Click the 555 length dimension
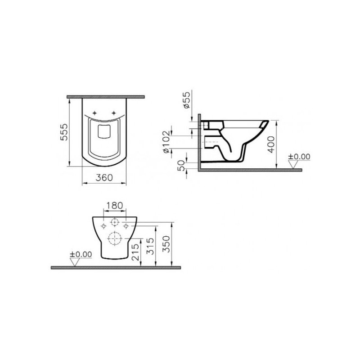coord(64,132)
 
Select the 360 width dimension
coord(104,177)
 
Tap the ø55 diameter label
coord(187,99)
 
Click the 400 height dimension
coord(271,144)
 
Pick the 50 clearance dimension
coord(181,165)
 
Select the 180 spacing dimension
coord(114,206)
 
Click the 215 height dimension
coord(136,252)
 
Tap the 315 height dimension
coord(150,246)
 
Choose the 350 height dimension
coord(166,244)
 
